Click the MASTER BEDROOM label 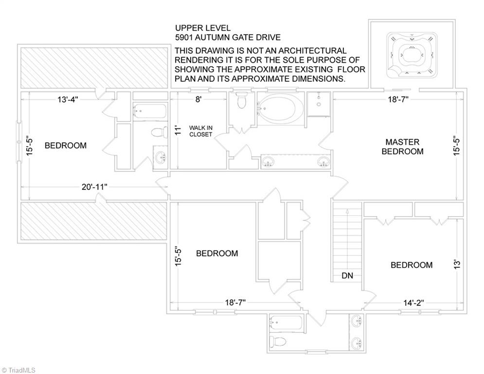click(x=402, y=147)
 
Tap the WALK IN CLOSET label click(x=200, y=131)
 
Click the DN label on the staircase click(x=347, y=276)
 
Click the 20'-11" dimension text click(x=94, y=187)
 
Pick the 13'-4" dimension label click(x=68, y=99)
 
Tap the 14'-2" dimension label click(x=413, y=302)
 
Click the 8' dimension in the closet click(x=198, y=99)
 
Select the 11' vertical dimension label click(x=177, y=130)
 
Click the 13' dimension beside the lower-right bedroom click(x=457, y=264)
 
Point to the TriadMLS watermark click(x=18, y=370)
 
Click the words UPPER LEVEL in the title click(x=203, y=28)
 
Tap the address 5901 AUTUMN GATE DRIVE click(x=228, y=37)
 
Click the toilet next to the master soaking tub click(x=241, y=101)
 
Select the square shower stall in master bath click(x=319, y=104)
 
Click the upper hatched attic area click(x=93, y=68)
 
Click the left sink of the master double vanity click(x=268, y=161)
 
